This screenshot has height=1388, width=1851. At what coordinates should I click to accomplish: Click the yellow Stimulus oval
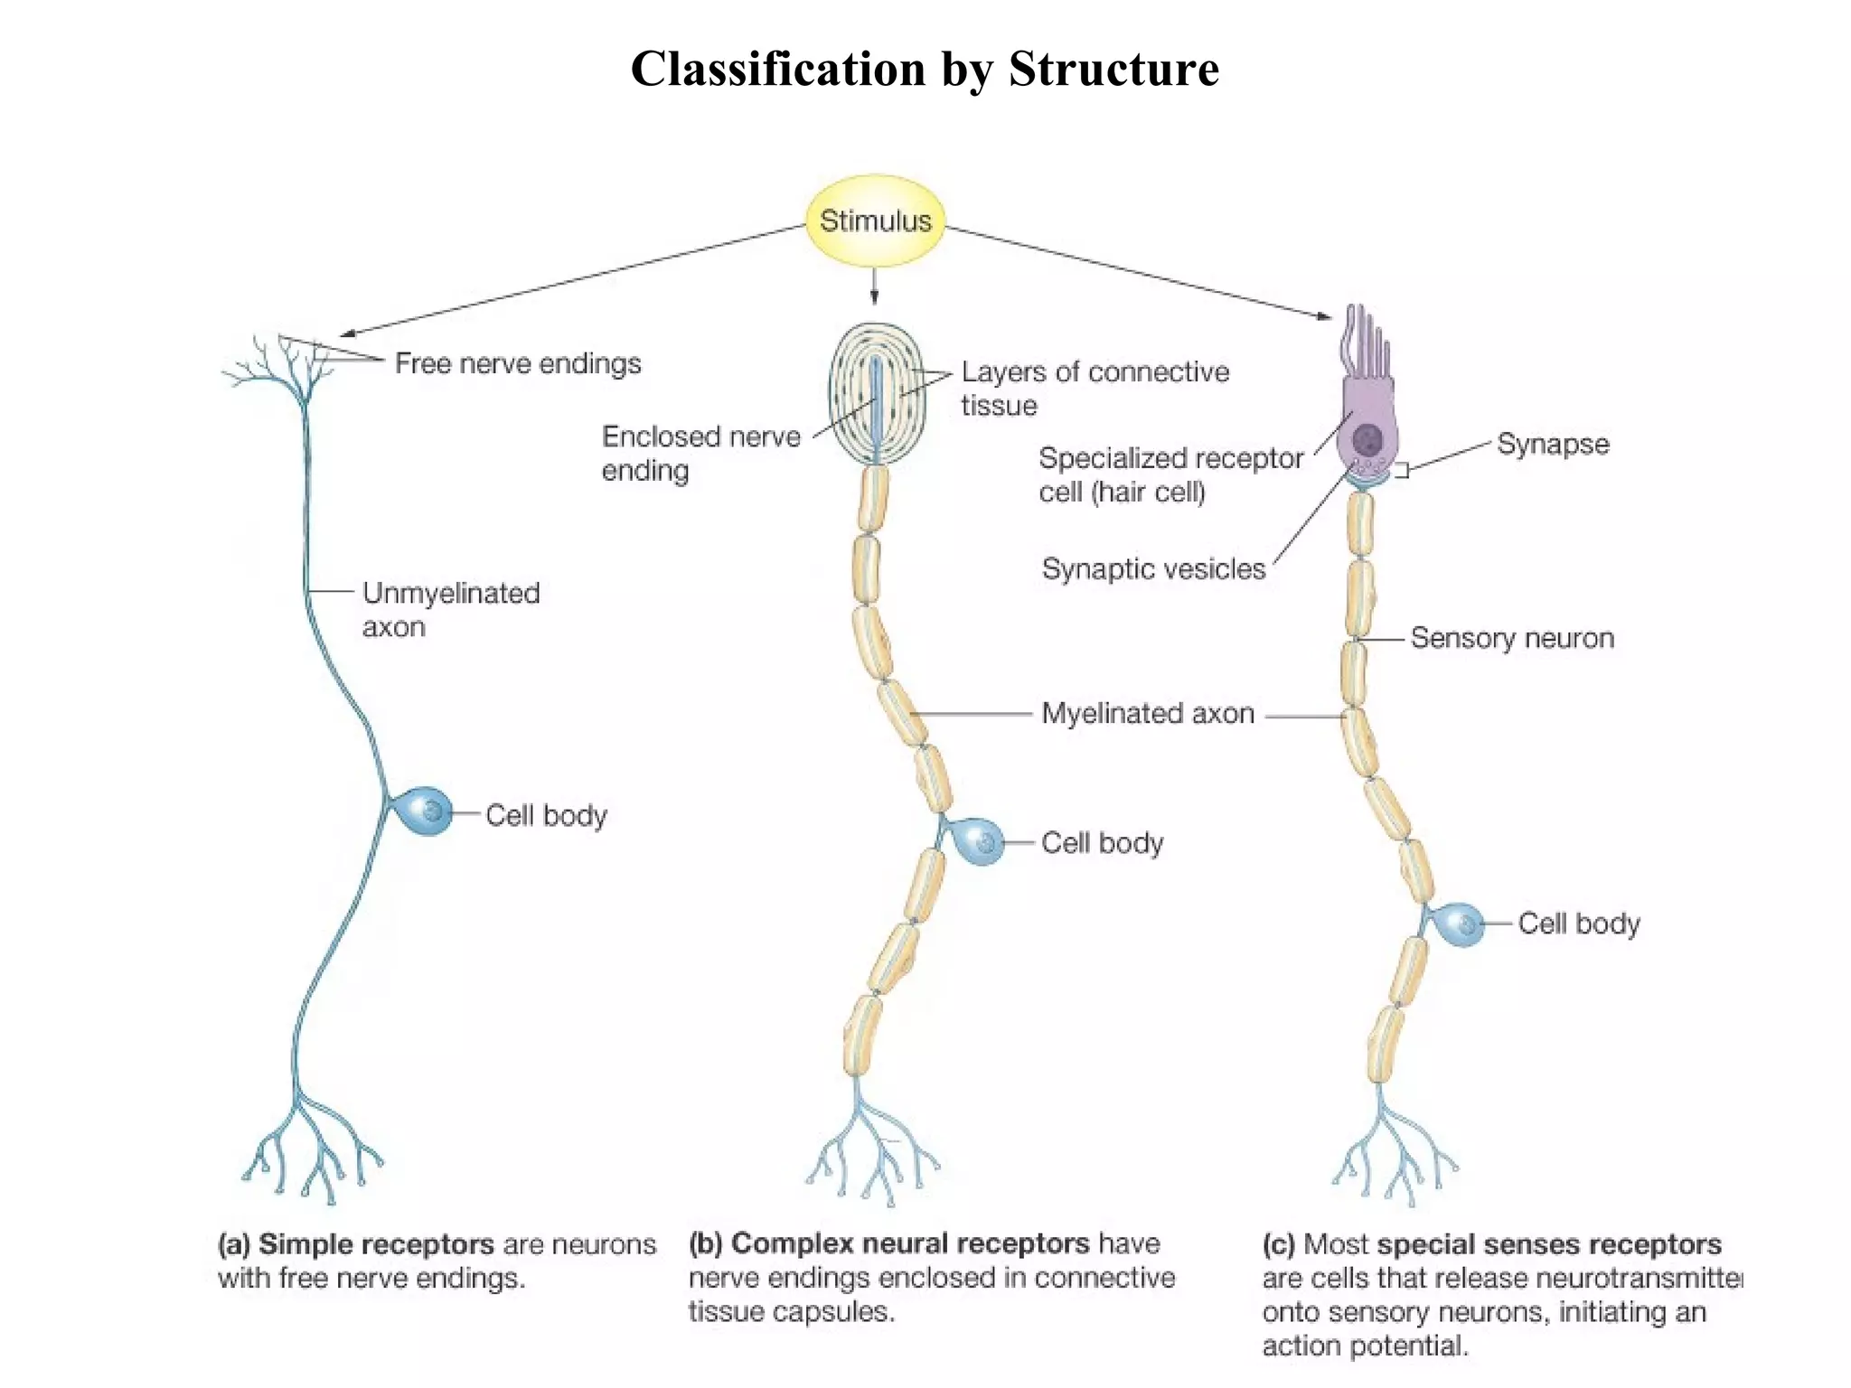pyautogui.click(x=875, y=220)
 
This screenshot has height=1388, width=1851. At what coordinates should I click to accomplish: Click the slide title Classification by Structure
pyautogui.click(x=925, y=69)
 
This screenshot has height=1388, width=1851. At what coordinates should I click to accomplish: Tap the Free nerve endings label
pyautogui.click(x=518, y=363)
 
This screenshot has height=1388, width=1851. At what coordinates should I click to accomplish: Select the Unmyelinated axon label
pyautogui.click(x=450, y=609)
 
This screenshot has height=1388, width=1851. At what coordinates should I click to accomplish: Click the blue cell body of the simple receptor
pyautogui.click(x=423, y=811)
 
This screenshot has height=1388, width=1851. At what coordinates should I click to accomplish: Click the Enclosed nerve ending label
pyautogui.click(x=700, y=453)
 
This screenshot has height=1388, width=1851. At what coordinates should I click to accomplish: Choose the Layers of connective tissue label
pyautogui.click(x=1094, y=388)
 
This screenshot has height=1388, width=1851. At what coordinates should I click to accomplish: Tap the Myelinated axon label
pyautogui.click(x=1148, y=713)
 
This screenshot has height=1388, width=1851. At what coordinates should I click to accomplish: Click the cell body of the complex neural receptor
pyautogui.click(x=979, y=841)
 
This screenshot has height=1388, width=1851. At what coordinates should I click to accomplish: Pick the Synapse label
pyautogui.click(x=1553, y=444)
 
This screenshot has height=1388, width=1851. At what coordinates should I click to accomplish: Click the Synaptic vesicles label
pyautogui.click(x=1153, y=568)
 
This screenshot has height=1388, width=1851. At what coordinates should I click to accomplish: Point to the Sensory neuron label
pyautogui.click(x=1512, y=638)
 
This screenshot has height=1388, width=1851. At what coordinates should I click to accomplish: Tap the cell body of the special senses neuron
pyautogui.click(x=1457, y=924)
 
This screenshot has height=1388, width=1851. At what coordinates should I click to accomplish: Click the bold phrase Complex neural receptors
pyautogui.click(x=909, y=1243)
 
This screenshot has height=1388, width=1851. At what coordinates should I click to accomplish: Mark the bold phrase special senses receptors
pyautogui.click(x=1548, y=1244)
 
